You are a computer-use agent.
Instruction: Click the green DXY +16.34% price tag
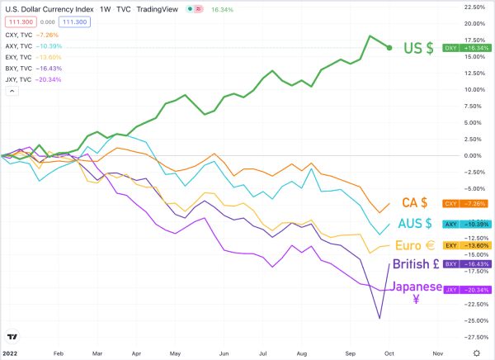(x=465, y=48)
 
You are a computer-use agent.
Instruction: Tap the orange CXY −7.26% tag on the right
(x=465, y=203)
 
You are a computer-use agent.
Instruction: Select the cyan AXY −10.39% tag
(x=465, y=224)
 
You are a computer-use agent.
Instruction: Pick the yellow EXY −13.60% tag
(x=465, y=245)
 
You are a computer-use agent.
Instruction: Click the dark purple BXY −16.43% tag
(x=465, y=264)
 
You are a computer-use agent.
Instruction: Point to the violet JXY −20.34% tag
(x=465, y=290)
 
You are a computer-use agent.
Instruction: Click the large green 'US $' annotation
(x=419, y=48)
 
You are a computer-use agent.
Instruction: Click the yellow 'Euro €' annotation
(x=415, y=245)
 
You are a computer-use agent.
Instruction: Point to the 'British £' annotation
(x=414, y=265)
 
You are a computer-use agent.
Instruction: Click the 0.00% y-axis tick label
(x=472, y=155)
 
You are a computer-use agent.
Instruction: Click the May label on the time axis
(x=174, y=351)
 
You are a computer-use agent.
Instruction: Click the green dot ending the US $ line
(x=389, y=47)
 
